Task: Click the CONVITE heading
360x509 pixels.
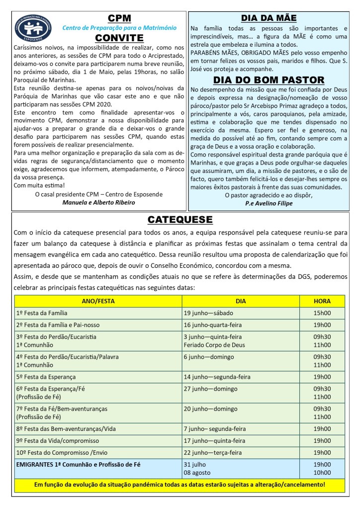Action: tap(119, 38)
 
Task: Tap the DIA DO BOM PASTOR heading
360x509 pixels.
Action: tap(269, 80)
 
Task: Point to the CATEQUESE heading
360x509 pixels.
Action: tap(180, 219)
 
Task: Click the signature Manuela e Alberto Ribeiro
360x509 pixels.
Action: tap(98, 202)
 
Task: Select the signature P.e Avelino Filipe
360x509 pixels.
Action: tap(269, 204)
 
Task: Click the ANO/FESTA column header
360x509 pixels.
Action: tap(98, 301)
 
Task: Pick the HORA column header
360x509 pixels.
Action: tap(322, 301)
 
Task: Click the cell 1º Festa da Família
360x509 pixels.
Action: tap(42, 313)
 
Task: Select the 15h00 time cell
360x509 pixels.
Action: tap(322, 313)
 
